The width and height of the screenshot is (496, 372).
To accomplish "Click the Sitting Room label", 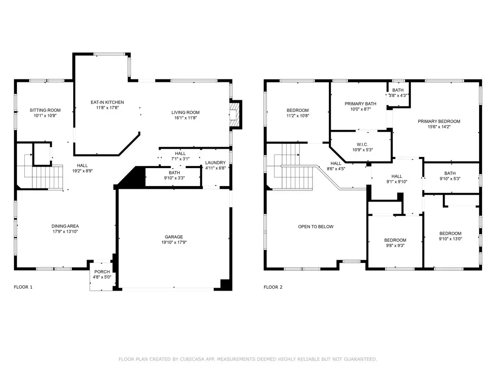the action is pos(45,110).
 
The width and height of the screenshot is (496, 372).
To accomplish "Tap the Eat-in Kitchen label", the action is pos(107,102).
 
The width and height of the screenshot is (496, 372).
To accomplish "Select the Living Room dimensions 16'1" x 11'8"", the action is pos(186,118).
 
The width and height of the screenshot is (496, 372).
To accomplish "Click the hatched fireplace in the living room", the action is pos(234,114).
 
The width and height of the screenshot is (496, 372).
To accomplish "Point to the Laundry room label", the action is pos(216,163).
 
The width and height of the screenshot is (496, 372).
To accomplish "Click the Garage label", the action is pos(174,236).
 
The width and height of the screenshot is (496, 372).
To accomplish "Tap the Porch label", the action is pos(102,272).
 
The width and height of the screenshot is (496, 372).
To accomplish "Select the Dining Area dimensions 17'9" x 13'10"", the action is pos(65,231).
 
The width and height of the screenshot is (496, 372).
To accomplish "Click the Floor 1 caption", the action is pos(23,287).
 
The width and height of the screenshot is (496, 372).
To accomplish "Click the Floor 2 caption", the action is pos(273,287).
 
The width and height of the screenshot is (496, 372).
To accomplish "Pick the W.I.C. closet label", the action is pos(362,144).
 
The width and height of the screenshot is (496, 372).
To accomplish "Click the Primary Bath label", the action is pos(360,104).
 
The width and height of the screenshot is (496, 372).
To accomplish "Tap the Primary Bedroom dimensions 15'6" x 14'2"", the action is pos(439,126).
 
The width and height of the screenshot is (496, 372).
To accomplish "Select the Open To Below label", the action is pos(316,227).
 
